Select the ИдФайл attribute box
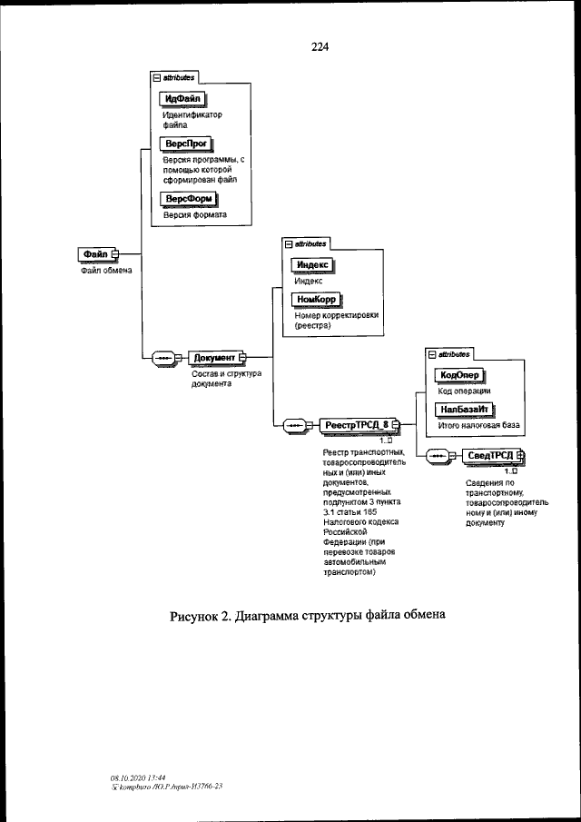183,99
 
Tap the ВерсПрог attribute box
183,144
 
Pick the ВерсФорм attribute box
185,200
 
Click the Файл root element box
94,254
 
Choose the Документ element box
214,358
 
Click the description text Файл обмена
102,270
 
